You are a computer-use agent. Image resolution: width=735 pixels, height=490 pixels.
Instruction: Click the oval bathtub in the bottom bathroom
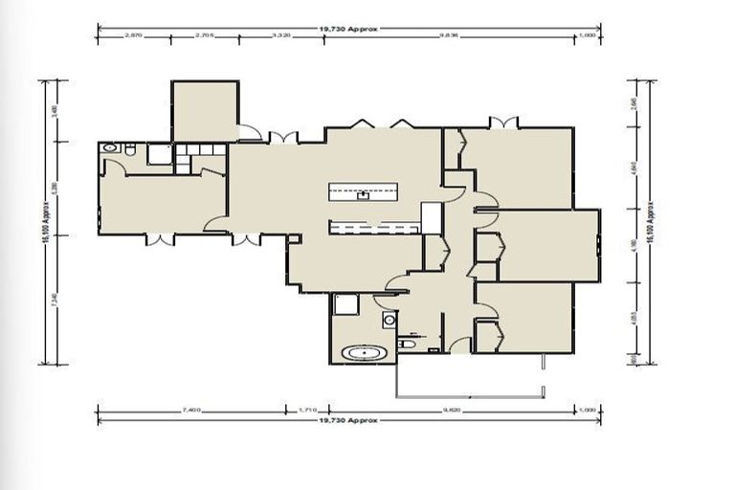365,353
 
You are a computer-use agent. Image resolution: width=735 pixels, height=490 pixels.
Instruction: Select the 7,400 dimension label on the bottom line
189,410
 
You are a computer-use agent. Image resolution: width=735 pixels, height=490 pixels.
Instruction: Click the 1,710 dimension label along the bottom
307,410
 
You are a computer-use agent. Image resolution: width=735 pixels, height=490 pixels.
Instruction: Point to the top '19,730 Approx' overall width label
350,29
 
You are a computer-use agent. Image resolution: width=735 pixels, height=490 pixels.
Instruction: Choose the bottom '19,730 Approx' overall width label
350,420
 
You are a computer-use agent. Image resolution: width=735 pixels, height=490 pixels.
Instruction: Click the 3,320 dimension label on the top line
281,35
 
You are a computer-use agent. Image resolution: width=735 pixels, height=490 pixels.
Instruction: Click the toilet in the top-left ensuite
130,149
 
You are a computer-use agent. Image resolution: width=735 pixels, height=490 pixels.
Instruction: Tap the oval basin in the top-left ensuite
109,148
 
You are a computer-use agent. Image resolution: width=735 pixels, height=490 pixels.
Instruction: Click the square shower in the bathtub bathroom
345,304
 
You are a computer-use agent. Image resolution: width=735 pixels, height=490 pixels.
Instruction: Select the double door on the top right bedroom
502,122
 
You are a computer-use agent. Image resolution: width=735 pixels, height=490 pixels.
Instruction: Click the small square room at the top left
204,111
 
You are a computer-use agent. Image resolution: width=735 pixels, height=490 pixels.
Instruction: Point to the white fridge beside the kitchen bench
432,218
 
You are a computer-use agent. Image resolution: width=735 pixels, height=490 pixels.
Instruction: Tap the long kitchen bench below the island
373,228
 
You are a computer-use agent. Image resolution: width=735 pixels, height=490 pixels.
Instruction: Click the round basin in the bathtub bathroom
390,321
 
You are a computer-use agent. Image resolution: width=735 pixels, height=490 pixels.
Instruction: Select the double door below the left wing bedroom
160,239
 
